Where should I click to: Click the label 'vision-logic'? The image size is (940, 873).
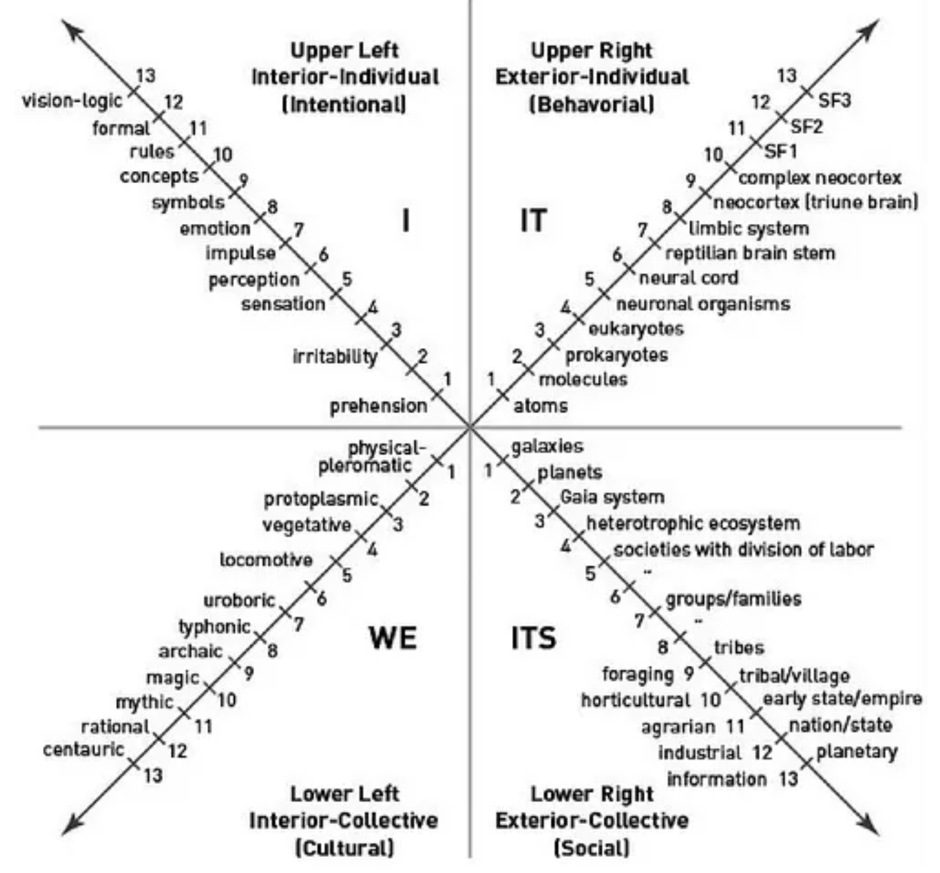(x=72, y=101)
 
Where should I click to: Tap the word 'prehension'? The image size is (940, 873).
(x=378, y=406)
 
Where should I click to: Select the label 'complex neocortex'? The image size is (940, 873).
(x=820, y=178)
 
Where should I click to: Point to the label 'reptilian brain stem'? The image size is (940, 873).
(x=750, y=253)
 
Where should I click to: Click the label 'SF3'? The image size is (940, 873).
(x=835, y=101)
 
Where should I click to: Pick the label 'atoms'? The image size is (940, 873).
(x=540, y=406)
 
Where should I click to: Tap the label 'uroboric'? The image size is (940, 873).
(x=239, y=600)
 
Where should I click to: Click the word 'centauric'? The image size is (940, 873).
(x=83, y=750)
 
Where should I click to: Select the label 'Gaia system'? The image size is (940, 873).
(x=612, y=498)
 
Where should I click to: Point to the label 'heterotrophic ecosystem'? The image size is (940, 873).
(x=693, y=524)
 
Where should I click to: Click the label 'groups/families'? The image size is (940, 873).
(x=733, y=599)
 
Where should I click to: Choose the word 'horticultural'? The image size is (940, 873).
(x=636, y=700)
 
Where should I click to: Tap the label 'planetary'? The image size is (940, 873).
(x=857, y=752)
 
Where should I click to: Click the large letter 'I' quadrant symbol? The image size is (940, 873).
(x=406, y=221)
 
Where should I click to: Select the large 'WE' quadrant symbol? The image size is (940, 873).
(x=393, y=637)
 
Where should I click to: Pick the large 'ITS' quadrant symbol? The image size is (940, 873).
(x=534, y=637)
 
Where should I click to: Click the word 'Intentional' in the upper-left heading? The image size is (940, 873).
(x=344, y=104)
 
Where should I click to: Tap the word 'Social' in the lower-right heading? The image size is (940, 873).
(x=591, y=848)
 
